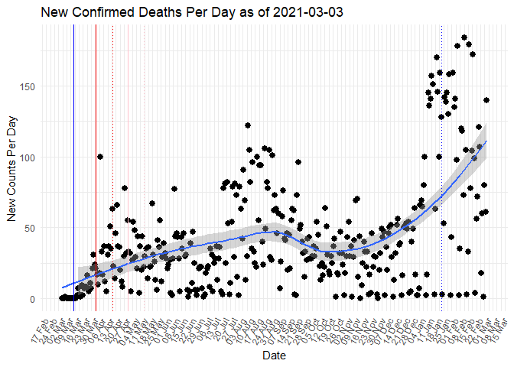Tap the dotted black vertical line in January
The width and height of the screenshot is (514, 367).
442,191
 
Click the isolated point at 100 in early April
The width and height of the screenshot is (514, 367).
100,157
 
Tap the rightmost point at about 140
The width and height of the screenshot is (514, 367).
486,100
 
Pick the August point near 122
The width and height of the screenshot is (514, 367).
248,125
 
